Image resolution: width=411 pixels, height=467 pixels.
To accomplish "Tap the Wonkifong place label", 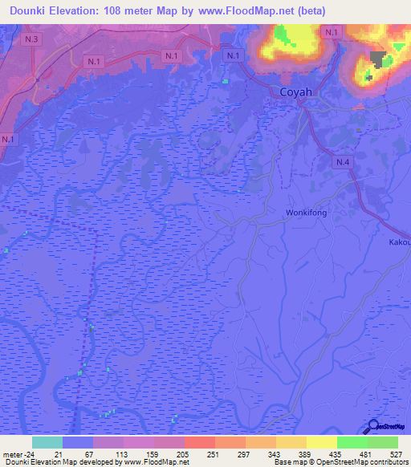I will click(307, 213).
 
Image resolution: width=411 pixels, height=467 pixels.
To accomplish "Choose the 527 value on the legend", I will click(397, 454).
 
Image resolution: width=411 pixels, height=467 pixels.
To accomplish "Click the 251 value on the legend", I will click(214, 454).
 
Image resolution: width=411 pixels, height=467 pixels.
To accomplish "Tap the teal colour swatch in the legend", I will click(47, 442).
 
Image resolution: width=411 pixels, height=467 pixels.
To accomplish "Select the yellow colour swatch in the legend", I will click(321, 442).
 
